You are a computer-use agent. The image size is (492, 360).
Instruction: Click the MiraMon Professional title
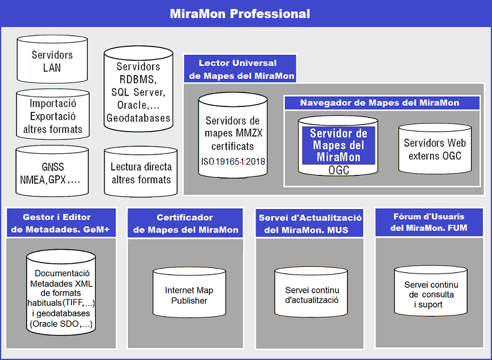pos(240,14)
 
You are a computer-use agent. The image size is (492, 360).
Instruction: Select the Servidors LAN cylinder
pos(52,59)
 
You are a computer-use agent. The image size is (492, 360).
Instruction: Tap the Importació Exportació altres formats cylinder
pos(53,114)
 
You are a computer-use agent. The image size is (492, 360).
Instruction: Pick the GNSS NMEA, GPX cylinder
pos(52,171)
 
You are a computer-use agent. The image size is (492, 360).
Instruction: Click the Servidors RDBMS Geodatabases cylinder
pos(138,89)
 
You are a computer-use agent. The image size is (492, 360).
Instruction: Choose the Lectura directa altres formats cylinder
pos(141,172)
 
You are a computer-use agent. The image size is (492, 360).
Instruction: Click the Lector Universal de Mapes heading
pos(240,69)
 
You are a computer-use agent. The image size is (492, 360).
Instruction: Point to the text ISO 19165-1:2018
pos(233,162)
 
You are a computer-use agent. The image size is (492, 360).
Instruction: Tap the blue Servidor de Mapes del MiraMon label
pos(339,145)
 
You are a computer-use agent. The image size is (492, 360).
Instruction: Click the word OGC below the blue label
pos(339,170)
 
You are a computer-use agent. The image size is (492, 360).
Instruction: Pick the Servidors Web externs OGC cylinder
pos(435,148)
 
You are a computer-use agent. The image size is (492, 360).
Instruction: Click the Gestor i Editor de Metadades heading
pos(61,222)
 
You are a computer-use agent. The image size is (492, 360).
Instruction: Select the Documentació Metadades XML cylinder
pos(61,292)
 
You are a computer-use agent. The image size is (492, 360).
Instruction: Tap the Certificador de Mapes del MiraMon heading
pos(185,223)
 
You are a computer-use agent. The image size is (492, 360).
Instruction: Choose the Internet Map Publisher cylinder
pos(189,292)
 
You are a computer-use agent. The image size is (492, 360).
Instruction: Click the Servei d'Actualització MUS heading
pos(309,223)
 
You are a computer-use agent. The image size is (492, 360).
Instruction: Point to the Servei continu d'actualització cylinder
pos(312,292)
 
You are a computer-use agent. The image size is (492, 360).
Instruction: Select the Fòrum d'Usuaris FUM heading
pos(429,222)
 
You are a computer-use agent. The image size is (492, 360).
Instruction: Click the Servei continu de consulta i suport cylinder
pos(431,291)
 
